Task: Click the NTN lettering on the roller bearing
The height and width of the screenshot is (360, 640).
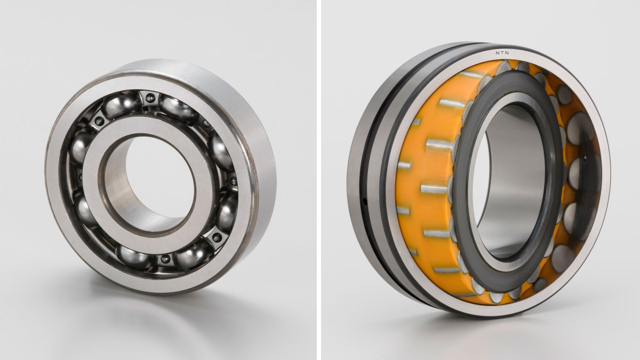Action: pos(502,53)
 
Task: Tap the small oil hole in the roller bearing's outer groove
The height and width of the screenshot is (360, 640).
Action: pos(365,202)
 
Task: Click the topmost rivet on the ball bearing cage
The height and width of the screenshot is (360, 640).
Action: pos(149,98)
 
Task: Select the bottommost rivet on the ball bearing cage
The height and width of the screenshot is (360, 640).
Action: pos(165,259)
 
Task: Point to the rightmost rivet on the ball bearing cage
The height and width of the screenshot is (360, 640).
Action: pos(234,181)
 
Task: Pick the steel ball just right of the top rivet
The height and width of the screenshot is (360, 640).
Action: pos(178,108)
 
